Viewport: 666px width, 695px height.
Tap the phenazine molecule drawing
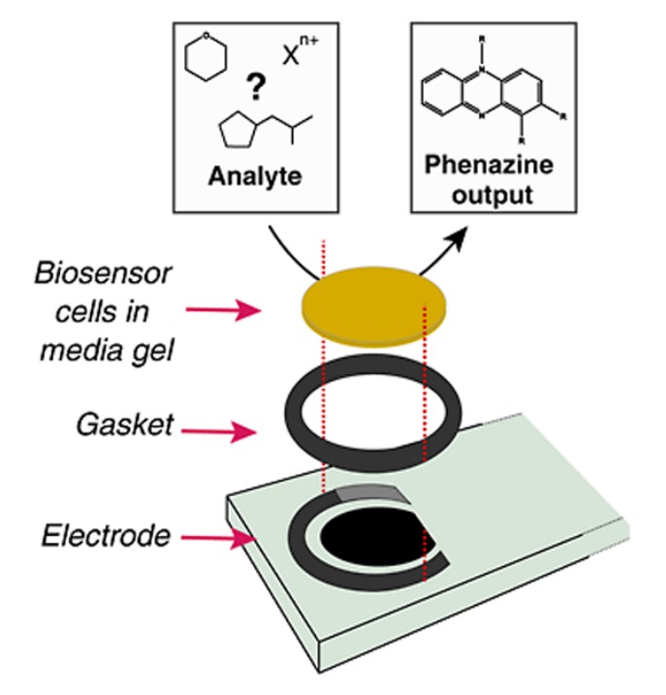(490, 92)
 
